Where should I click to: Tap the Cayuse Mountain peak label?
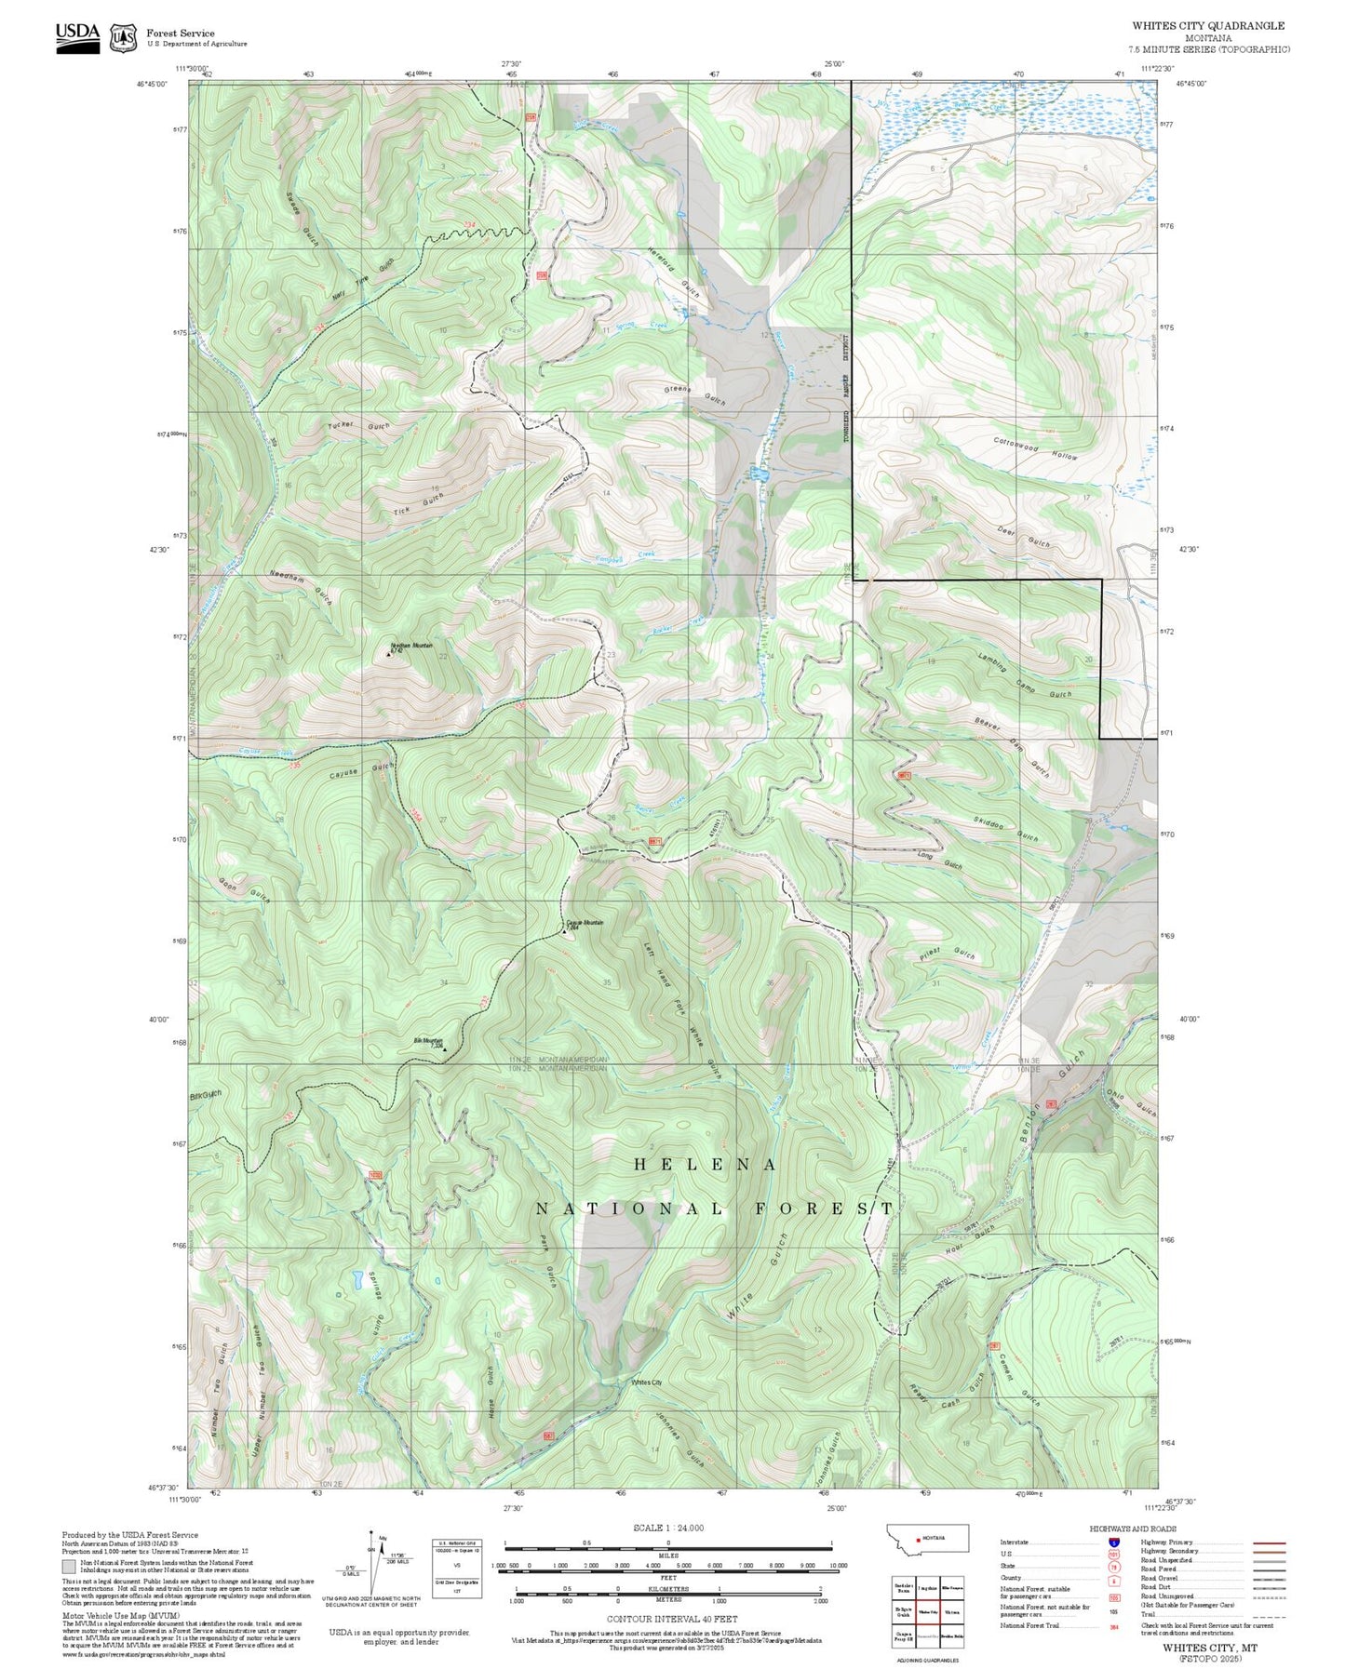pyautogui.click(x=585, y=924)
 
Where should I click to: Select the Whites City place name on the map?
pyautogui.click(x=646, y=1382)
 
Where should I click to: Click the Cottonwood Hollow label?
pyautogui.click(x=1035, y=449)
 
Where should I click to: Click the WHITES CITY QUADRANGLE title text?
pyautogui.click(x=1207, y=26)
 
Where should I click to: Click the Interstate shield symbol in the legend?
pyautogui.click(x=1113, y=1542)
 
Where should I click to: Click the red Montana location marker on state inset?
pyautogui.click(x=920, y=1538)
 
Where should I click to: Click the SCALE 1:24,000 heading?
pyautogui.click(x=667, y=1528)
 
